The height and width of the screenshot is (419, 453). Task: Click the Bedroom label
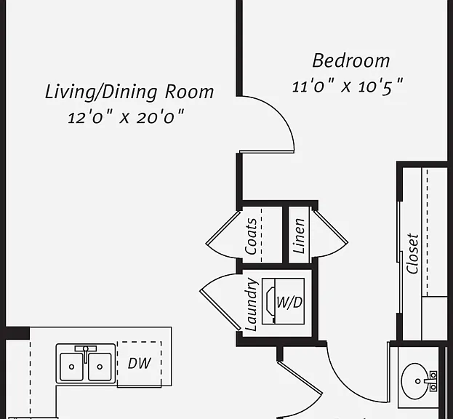(351, 61)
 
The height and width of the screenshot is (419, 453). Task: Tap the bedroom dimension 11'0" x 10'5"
(348, 86)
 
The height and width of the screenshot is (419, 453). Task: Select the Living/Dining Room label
(129, 92)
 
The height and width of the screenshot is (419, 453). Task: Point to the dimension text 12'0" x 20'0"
(126, 117)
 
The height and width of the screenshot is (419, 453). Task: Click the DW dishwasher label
(140, 363)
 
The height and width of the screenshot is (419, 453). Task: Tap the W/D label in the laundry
(289, 303)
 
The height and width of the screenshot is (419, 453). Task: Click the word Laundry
(250, 304)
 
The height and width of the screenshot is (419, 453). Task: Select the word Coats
(250, 236)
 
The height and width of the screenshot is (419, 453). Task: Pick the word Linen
(299, 236)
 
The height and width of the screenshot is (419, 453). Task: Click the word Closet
(412, 254)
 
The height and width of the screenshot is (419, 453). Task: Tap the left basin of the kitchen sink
(71, 367)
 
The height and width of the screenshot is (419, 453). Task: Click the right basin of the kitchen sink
(100, 367)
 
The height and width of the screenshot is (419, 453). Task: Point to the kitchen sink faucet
(86, 353)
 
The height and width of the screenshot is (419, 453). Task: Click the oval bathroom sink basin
(416, 381)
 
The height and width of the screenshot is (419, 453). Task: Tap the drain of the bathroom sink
(418, 381)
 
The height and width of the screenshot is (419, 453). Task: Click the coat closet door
(223, 228)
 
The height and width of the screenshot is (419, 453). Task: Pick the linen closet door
(331, 227)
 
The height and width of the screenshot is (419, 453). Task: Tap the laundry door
(220, 310)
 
